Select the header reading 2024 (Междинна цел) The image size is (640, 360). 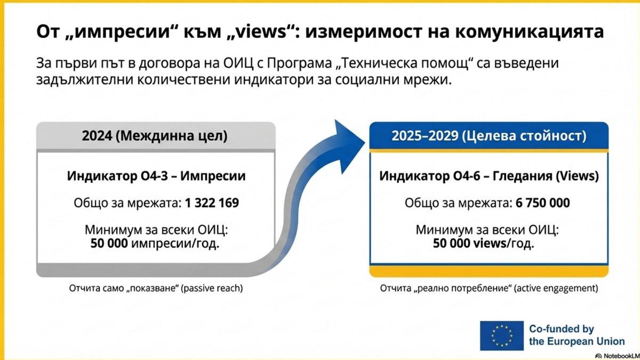155,135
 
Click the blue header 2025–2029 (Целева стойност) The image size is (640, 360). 489,135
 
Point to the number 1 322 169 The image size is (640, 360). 212,203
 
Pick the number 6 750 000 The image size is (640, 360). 542,203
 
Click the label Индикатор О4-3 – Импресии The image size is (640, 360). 156,176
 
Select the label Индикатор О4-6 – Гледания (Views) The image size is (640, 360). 489,176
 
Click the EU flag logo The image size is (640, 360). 502,335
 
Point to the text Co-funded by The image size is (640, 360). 562,329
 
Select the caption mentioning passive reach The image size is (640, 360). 156,289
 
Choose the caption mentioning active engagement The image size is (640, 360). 489,289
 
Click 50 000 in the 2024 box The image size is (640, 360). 109,243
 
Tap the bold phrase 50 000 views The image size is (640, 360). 469,243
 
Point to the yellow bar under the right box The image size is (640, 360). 489,271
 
